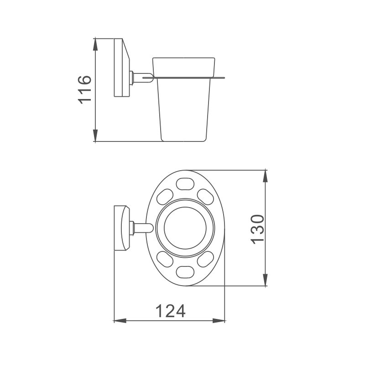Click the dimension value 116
[x=85, y=89]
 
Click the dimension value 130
[x=258, y=229]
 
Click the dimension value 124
[x=170, y=311]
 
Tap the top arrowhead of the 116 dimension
[x=95, y=44]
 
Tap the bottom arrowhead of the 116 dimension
[x=95, y=135]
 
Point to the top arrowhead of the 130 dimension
[x=265, y=176]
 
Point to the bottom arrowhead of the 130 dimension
[x=265, y=280]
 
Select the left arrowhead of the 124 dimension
[x=120, y=321]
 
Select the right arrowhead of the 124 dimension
[x=219, y=321]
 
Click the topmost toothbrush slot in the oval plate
[x=185, y=184]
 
